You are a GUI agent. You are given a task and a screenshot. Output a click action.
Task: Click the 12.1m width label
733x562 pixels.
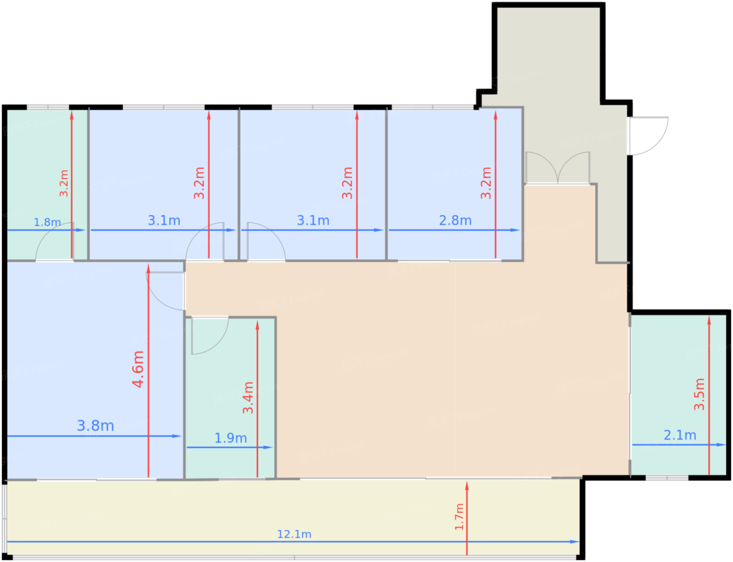294,534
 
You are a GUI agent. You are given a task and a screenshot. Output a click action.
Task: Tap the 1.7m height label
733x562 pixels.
459,517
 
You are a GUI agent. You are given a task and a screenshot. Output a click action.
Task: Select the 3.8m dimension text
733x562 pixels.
95,426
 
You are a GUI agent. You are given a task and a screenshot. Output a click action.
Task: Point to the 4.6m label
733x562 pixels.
138,369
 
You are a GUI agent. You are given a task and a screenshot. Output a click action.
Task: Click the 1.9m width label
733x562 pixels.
231,439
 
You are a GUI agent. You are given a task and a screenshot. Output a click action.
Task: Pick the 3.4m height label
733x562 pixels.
248,398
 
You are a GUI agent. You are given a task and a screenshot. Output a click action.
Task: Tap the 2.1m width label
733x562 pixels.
680,435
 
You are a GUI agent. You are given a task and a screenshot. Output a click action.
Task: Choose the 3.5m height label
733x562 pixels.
699,395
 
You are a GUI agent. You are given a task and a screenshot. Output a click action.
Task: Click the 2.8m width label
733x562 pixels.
455,220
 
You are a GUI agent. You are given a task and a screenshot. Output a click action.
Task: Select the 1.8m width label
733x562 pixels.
47,222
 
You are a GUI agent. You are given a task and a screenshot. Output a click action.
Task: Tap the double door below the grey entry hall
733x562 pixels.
558,167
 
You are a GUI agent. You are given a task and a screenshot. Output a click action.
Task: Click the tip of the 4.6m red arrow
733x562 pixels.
148,265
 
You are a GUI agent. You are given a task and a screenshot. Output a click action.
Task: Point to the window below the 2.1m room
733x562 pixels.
667,478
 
